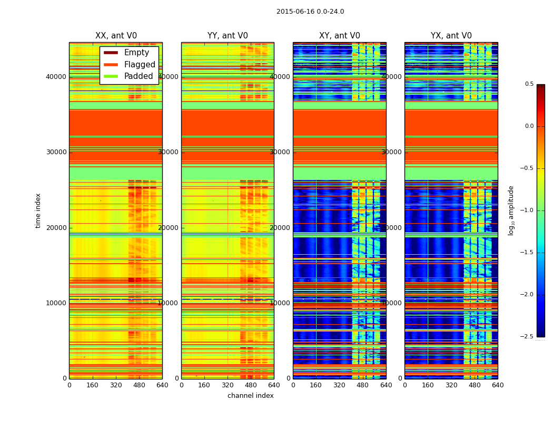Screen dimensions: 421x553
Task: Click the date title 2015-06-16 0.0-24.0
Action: pyautogui.click(x=310, y=12)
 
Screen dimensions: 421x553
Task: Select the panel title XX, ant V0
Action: pyautogui.click(x=116, y=36)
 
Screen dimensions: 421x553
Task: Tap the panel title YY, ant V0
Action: pyautogui.click(x=228, y=36)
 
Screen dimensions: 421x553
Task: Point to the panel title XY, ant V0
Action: pyautogui.click(x=340, y=36)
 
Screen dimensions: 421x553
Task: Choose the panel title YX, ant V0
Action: pyautogui.click(x=451, y=36)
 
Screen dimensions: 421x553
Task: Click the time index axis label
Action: pyautogui.click(x=38, y=210)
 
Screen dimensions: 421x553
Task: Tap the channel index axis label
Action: pyautogui.click(x=251, y=396)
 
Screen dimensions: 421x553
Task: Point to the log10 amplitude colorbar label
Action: pyautogui.click(x=511, y=210)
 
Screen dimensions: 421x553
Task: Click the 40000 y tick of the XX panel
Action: pyautogui.click(x=56, y=76)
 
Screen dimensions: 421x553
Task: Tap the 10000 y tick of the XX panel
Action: pyautogui.click(x=56, y=303)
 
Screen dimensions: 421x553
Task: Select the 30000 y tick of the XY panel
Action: pyautogui.click(x=280, y=152)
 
